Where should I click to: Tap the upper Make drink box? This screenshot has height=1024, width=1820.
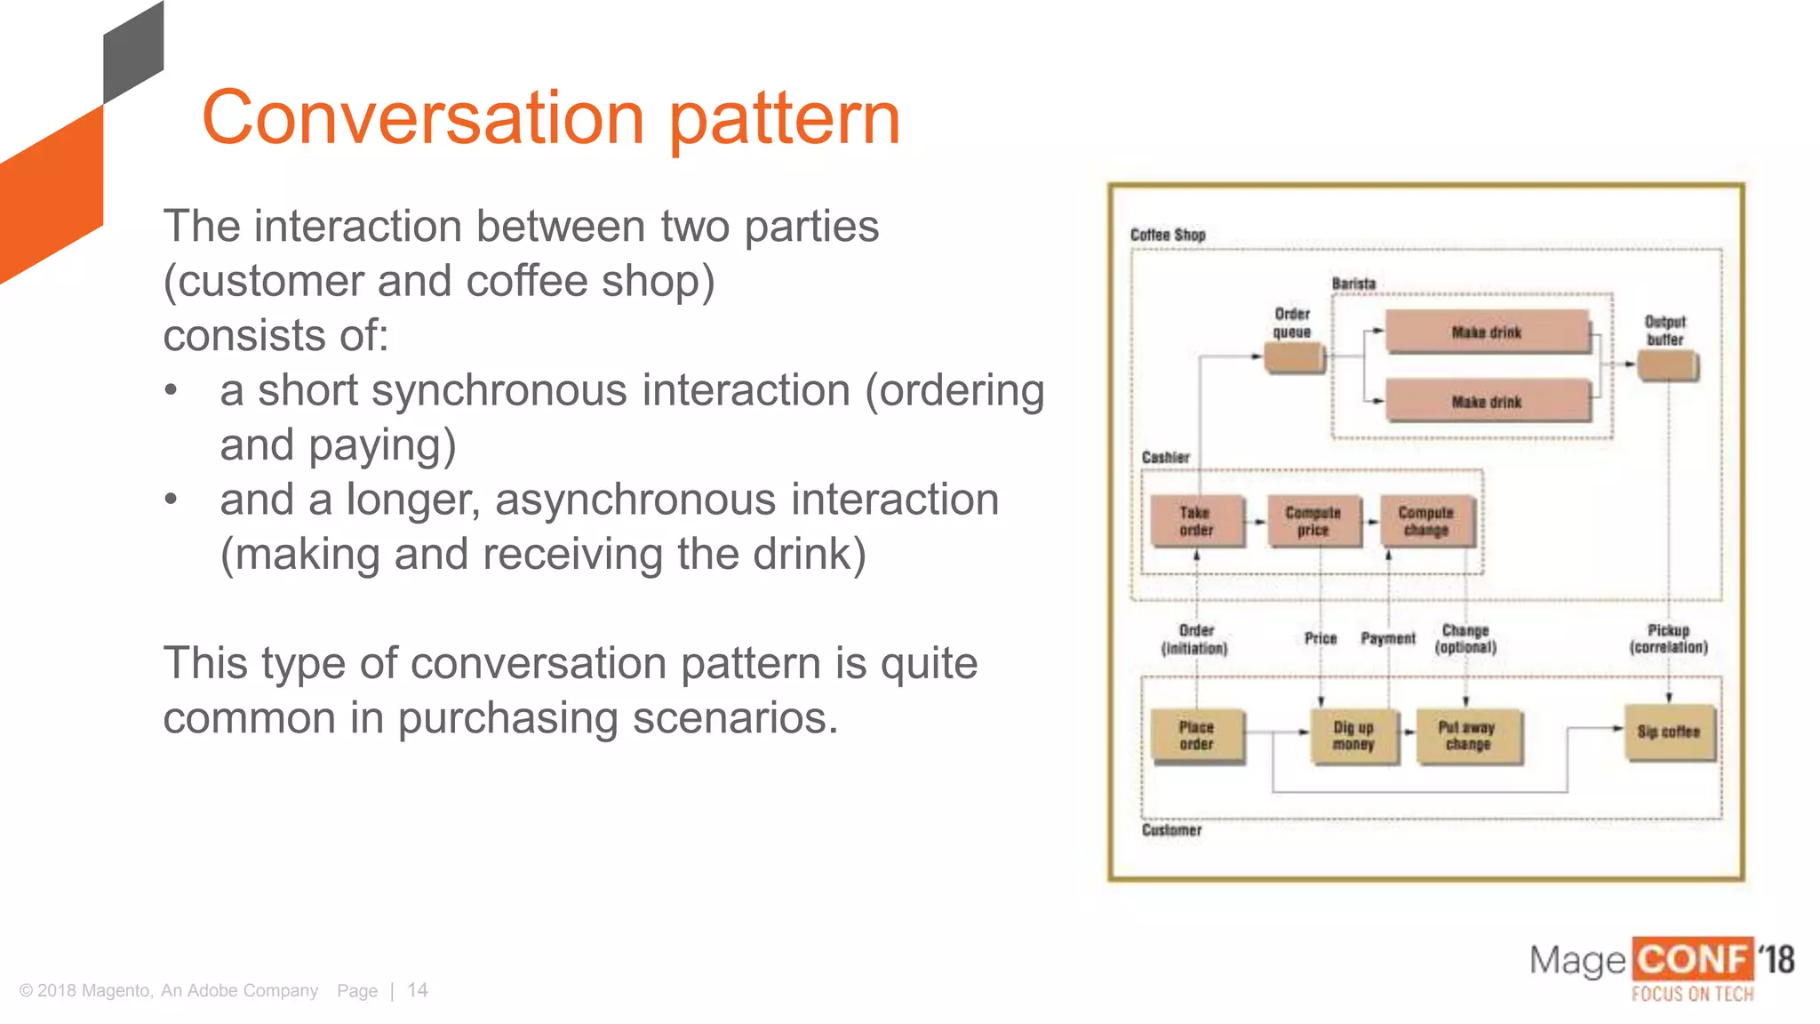coord(1487,332)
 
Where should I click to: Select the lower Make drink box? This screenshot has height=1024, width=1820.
coord(1487,402)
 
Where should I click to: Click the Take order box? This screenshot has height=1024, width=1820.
coord(1195,521)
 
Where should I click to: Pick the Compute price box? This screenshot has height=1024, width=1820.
coord(1313,521)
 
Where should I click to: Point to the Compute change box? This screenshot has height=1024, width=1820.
coord(1425,521)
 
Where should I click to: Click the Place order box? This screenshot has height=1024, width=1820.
coord(1196,735)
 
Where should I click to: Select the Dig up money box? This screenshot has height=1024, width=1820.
coord(1353,735)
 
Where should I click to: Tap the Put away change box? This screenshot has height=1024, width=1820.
coord(1467,735)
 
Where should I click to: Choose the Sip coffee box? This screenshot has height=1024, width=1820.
coord(1668,732)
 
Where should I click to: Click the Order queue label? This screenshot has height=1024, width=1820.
coord(1292,323)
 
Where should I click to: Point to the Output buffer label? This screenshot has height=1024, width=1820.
coord(1664,330)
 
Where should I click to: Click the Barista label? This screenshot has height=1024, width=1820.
coord(1353,284)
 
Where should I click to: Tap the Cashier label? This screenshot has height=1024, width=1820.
coord(1165,457)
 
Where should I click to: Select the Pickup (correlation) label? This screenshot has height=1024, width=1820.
coord(1668,638)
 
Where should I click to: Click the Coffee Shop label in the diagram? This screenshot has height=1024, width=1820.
coord(1168,235)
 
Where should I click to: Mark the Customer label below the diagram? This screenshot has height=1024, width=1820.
coord(1171,829)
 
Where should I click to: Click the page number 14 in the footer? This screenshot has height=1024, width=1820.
coord(418,990)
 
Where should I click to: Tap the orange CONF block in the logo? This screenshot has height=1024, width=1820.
coord(1692,960)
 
